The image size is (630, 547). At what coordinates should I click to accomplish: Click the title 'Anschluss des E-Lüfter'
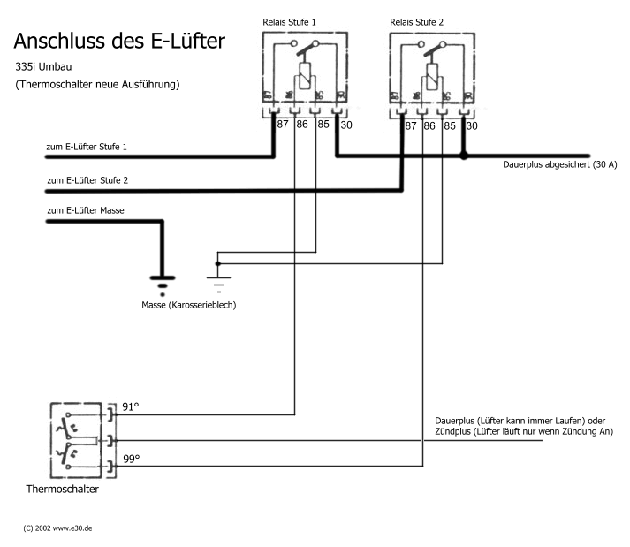118,41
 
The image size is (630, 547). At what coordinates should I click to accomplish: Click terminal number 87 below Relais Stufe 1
283,125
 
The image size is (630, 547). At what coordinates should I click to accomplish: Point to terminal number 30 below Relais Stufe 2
472,126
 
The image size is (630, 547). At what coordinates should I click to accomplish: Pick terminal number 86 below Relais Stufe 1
303,125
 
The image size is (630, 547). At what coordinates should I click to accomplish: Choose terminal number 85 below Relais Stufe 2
451,126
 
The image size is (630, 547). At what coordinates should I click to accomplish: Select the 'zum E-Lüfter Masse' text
85,211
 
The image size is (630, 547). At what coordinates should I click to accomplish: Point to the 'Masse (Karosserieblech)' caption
188,305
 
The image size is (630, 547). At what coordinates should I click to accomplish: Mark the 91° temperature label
131,407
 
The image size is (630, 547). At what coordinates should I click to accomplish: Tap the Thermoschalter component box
79,439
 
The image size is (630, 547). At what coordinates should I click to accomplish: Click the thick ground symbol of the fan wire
161,282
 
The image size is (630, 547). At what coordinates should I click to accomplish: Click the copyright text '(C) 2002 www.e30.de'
58,528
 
